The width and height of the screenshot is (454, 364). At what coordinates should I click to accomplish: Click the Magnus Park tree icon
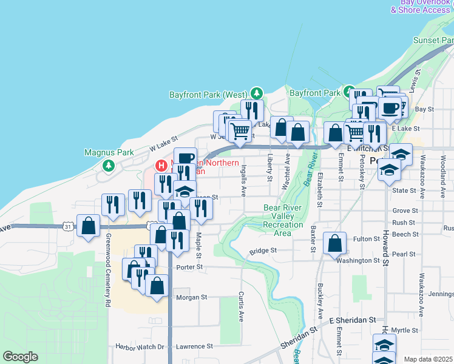pos(109,166)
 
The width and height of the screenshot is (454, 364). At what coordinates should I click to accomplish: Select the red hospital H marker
pos(161,165)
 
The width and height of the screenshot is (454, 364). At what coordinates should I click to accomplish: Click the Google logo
pos(20,357)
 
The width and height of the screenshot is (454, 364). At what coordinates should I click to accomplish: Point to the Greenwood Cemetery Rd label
pos(108,269)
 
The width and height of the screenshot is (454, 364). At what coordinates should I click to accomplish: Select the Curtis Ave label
pos(241,307)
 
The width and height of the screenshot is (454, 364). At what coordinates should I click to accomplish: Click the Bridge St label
pos(263,251)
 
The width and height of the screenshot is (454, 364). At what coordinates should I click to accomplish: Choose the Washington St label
pos(358,260)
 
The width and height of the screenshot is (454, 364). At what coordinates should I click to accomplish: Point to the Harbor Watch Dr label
pos(140,347)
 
